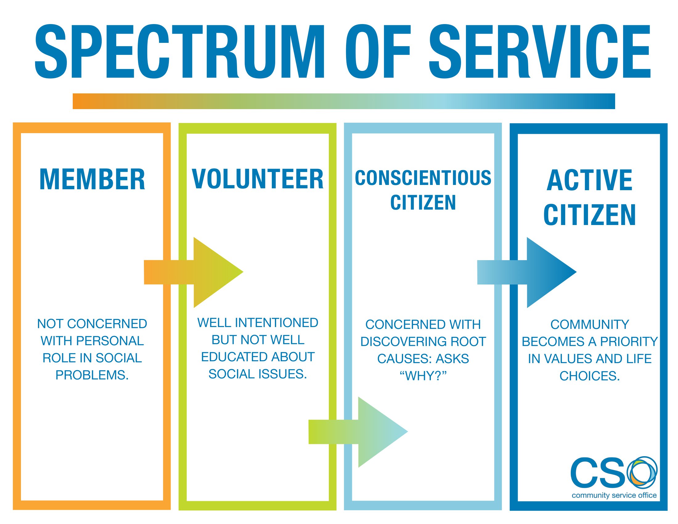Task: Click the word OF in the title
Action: pos(378,51)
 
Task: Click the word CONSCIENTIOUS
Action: pos(423,178)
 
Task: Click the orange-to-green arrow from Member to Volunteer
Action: pos(199,272)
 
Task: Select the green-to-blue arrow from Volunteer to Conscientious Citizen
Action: pos(363,432)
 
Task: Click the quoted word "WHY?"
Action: pos(423,376)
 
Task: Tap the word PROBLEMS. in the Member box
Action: pos(92,375)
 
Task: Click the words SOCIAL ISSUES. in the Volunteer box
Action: pos(258,374)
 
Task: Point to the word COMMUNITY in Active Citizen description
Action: pos(590,324)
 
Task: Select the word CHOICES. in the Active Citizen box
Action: pos(590,376)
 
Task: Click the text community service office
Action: pos(614,495)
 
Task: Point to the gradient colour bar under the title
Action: pos(344,101)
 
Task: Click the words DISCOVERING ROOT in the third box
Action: pos(423,342)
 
